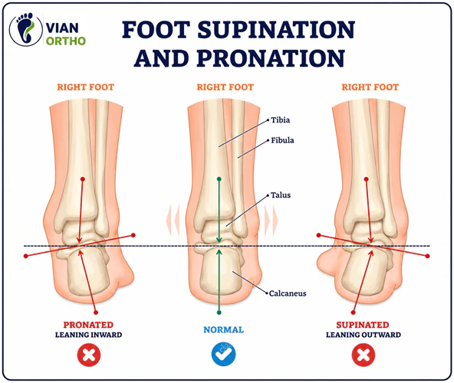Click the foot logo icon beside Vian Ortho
(26, 30)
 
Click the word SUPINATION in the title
(276, 30)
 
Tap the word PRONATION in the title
(271, 58)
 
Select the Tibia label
(280, 120)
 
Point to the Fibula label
(282, 140)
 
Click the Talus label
(280, 195)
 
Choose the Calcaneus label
(288, 293)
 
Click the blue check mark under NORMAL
(223, 354)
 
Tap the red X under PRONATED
(89, 355)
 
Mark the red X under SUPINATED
(364, 355)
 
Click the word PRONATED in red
(88, 325)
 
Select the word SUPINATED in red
(363, 325)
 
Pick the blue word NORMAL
(223, 330)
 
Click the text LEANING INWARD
(89, 335)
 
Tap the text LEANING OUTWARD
(364, 335)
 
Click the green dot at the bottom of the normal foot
(219, 313)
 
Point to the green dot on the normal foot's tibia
(219, 179)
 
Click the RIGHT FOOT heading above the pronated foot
(85, 87)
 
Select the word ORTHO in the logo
(66, 41)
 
